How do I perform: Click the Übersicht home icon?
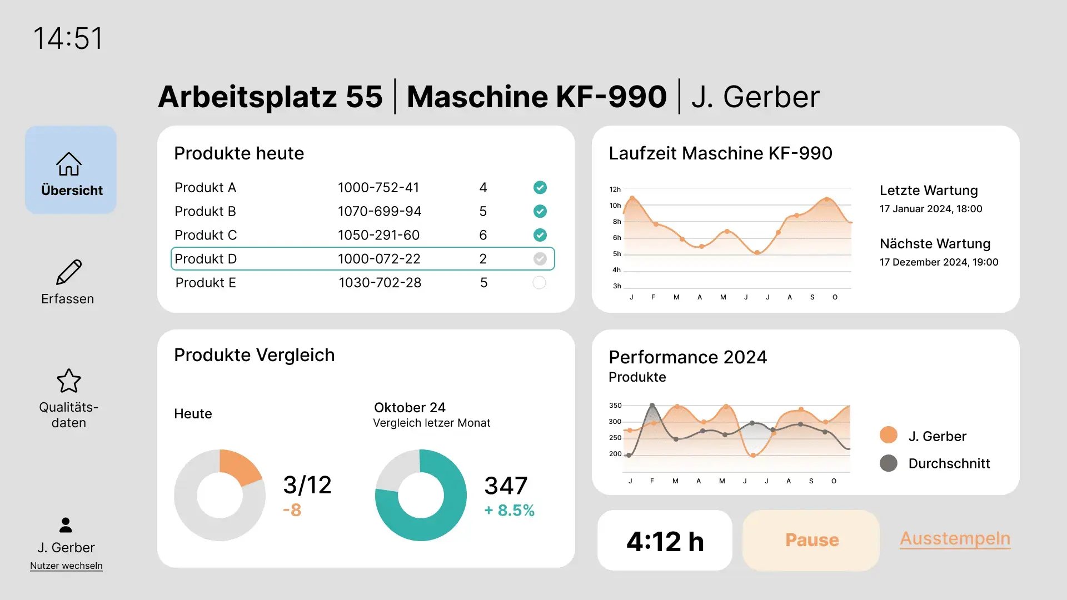coord(69,164)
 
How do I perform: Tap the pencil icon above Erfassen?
coord(69,272)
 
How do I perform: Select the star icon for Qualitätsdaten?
coord(69,381)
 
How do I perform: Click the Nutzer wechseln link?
coord(66,566)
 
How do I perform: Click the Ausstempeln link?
coord(955,538)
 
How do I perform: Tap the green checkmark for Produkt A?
coord(540,187)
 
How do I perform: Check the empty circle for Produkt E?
coord(539,283)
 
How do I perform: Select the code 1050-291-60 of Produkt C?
coord(378,235)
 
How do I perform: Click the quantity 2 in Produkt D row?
coord(483,259)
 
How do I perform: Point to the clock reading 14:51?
coord(68,39)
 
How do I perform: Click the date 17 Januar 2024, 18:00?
coord(931,209)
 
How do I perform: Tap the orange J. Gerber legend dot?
coord(889,435)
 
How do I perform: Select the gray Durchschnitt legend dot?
coord(889,463)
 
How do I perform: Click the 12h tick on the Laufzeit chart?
coord(615,189)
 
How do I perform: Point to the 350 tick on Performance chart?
coord(615,406)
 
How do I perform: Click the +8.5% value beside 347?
coord(509,511)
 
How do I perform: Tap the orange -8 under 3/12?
coord(292,510)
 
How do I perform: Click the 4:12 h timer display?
coord(665,541)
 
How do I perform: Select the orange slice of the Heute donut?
coord(238,466)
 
